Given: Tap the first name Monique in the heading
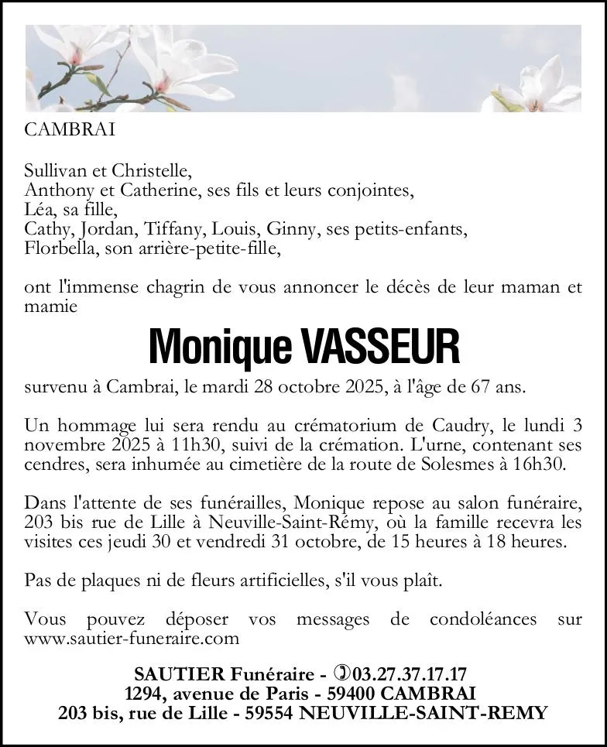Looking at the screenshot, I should point(220,348).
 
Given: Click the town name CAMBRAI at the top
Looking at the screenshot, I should point(70,130).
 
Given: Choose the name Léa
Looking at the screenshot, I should point(39,209).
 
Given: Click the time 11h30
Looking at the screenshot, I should point(156,445).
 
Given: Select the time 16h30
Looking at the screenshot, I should point(540,464).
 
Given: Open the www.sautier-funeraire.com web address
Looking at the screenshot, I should point(132,639).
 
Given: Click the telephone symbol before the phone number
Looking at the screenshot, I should point(341,673).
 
